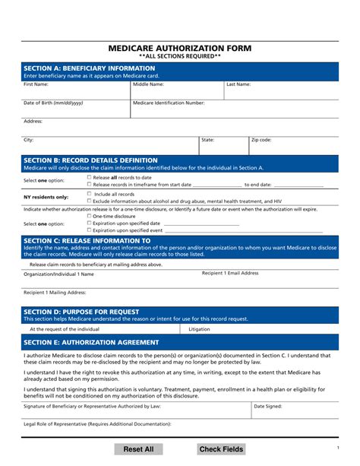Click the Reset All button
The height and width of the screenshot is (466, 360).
pos(138,449)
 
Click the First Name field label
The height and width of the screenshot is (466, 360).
pos(36,84)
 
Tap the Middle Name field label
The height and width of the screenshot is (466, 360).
pos(148,84)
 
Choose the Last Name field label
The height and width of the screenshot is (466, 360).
pos(238,84)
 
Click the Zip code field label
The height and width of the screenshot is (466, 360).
pos(261,140)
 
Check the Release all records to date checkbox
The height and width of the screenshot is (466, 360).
pos(89,176)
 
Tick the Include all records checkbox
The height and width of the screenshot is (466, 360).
pos(89,194)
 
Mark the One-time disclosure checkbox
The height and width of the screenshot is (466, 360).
pos(89,216)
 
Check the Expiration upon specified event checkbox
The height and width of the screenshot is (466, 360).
pos(89,230)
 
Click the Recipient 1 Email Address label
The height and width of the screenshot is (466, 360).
pos(235,273)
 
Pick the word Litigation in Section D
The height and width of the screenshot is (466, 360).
pos(199,329)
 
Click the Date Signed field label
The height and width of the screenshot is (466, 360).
pos(267,406)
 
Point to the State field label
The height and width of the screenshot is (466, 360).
pos(207,140)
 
